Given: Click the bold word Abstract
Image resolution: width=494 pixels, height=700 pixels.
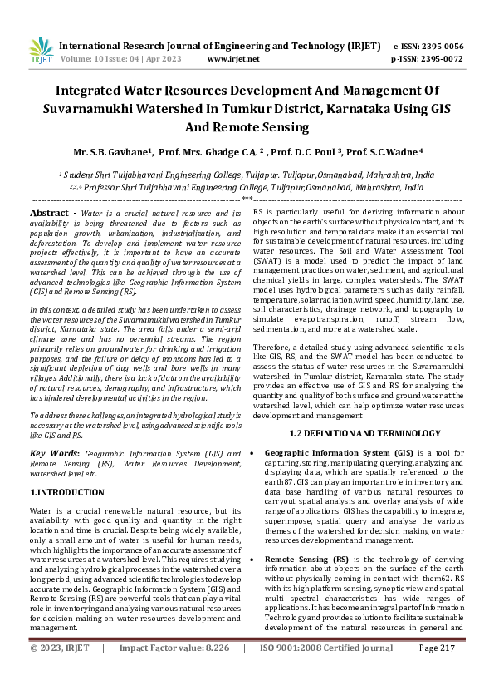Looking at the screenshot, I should [x=48, y=214].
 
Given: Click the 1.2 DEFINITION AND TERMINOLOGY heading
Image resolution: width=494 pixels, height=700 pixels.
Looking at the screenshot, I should [x=356, y=433].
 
